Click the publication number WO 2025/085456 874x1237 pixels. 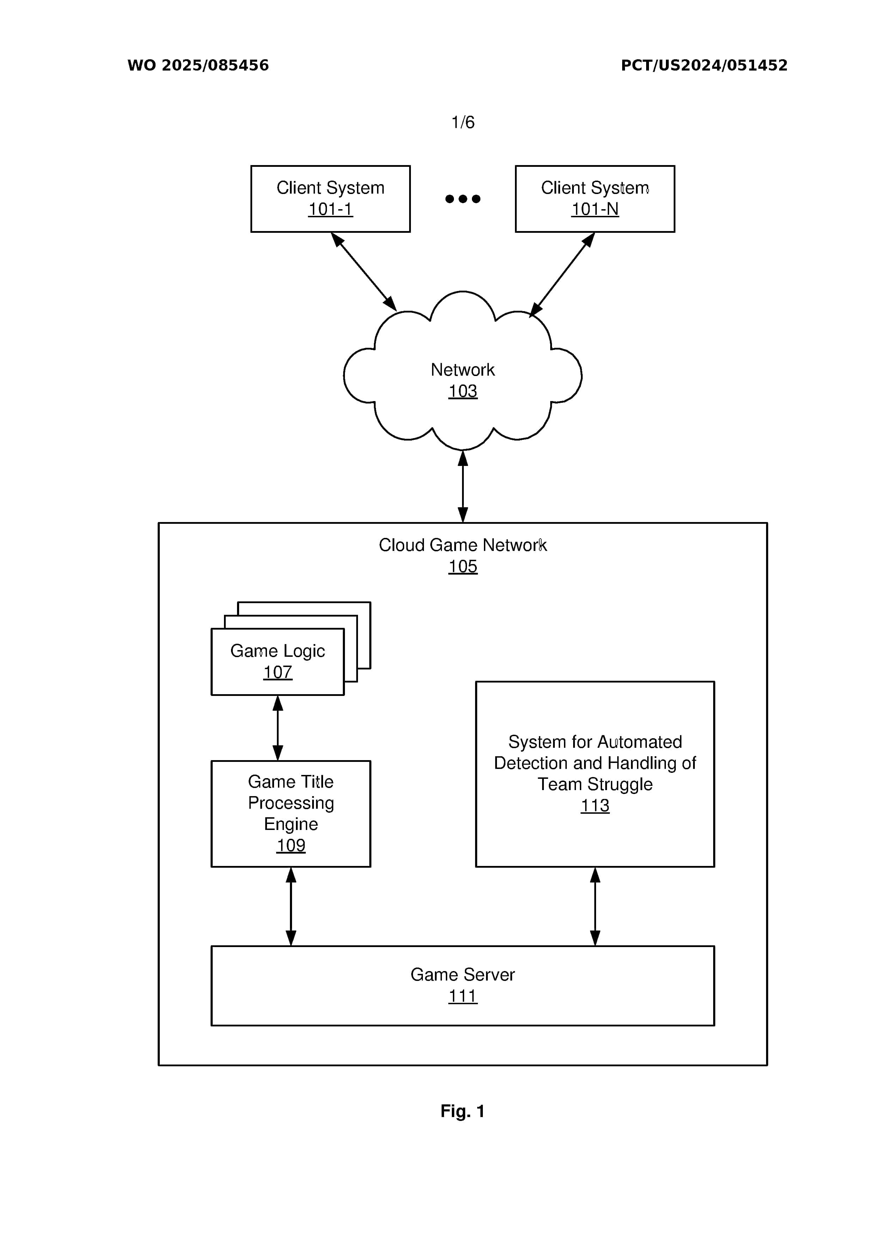pyautogui.click(x=198, y=65)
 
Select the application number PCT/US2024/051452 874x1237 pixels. pyautogui.click(x=704, y=65)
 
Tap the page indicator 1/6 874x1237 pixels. pyautogui.click(x=463, y=122)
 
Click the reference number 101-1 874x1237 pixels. pyautogui.click(x=330, y=209)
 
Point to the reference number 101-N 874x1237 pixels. pyautogui.click(x=595, y=209)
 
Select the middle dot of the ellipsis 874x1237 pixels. pyautogui.click(x=463, y=199)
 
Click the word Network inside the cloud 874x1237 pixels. pyautogui.click(x=463, y=370)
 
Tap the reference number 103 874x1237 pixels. pyautogui.click(x=463, y=391)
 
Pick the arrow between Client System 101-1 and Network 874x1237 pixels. pyautogui.click(x=364, y=272)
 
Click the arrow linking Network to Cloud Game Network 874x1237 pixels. pyautogui.click(x=463, y=486)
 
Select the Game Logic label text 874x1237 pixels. pyautogui.click(x=278, y=651)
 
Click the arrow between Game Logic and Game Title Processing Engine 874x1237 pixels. pyautogui.click(x=278, y=728)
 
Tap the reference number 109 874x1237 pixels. pyautogui.click(x=291, y=845)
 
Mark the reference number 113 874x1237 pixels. pyautogui.click(x=595, y=806)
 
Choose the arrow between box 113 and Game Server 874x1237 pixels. pyautogui.click(x=595, y=907)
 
